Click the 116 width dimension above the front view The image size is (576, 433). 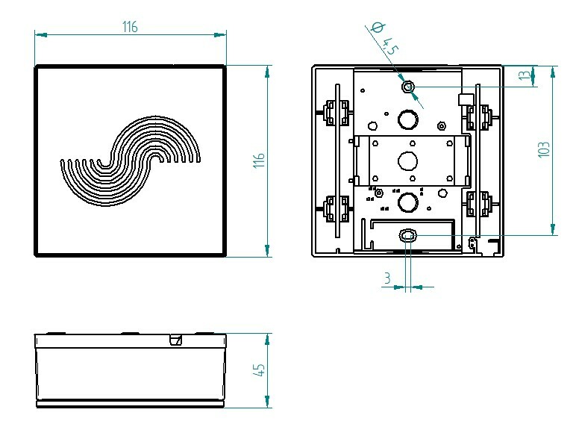[x=130, y=27]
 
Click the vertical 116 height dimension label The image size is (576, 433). [x=259, y=161]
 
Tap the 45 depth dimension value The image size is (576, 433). [x=259, y=370]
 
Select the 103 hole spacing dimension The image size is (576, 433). [x=544, y=149]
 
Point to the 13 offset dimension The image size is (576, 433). [x=526, y=75]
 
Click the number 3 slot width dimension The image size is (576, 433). [x=387, y=278]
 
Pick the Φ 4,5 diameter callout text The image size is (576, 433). [x=384, y=39]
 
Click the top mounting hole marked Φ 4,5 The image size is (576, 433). [x=408, y=87]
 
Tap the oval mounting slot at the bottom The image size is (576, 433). [x=407, y=234]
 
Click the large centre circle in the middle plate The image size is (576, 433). [x=408, y=161]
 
